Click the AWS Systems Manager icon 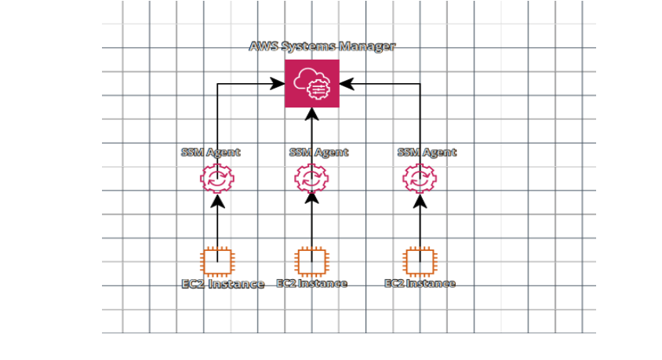point(312,84)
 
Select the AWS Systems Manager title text point(322,46)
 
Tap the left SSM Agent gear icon point(217,179)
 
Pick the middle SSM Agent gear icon point(311,179)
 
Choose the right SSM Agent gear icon point(420,179)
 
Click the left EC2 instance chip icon point(217,262)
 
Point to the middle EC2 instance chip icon point(312,262)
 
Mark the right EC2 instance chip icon point(420,262)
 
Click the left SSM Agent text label point(211,152)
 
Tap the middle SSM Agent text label point(318,152)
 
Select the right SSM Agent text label point(427,152)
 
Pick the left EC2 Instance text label point(223,284)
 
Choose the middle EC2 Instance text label point(312,283)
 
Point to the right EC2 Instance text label point(420,283)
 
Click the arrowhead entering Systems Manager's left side point(278,84)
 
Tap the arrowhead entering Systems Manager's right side point(347,84)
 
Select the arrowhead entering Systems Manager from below point(312,115)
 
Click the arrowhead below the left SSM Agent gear point(217,201)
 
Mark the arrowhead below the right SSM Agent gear point(420,201)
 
